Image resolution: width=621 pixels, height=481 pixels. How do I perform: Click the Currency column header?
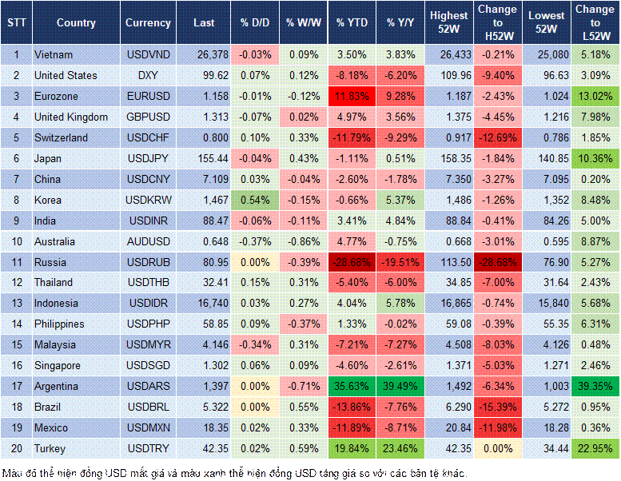148,23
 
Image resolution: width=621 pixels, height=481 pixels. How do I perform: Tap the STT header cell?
15,23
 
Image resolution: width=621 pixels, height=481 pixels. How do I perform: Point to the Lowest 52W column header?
547,23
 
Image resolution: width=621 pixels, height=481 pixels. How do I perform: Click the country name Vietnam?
54,54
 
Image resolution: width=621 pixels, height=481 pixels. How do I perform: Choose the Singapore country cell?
58,365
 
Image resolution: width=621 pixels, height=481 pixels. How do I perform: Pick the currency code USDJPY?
148,158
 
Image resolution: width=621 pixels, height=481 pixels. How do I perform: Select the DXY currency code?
148,75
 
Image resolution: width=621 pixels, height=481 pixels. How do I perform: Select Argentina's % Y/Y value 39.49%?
401,386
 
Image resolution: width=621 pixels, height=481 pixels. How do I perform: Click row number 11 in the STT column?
15,262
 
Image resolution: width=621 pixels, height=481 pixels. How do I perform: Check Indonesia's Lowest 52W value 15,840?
548,304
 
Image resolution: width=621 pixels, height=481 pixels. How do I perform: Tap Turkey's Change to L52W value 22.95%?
594,448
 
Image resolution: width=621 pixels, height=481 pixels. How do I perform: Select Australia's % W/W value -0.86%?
301,241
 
